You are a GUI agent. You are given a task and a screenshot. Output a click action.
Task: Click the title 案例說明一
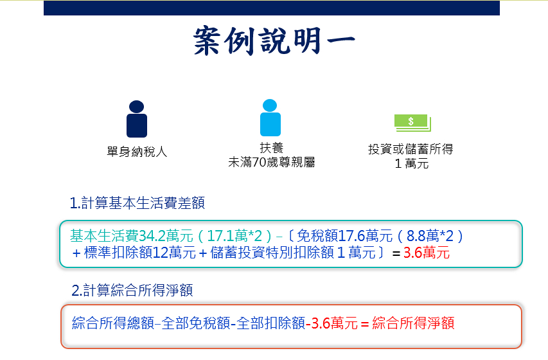(274, 40)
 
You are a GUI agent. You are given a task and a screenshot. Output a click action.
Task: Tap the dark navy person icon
(137, 119)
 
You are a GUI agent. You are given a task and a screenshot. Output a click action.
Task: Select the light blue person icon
(270, 118)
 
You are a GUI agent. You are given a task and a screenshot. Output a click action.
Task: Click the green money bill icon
(412, 123)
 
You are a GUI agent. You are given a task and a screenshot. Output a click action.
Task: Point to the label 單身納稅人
(137, 152)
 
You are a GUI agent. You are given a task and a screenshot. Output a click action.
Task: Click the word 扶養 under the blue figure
(272, 148)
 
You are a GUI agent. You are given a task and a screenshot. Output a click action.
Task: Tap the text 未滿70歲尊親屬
(272, 163)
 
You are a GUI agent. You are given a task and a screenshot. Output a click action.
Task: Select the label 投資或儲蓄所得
(411, 149)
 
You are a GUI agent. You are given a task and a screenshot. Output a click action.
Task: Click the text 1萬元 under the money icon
(412, 164)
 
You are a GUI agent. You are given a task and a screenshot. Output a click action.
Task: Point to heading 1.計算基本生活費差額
(137, 203)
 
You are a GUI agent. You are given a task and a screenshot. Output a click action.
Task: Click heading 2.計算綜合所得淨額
(132, 291)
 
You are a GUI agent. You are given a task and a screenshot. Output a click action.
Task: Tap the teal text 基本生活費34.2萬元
(132, 236)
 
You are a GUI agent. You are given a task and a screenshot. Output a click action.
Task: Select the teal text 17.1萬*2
(234, 236)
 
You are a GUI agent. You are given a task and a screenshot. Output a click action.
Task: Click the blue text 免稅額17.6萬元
(344, 236)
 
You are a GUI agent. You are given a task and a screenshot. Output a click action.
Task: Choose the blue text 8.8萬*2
(430, 236)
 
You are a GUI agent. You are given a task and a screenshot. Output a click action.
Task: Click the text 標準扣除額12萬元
(140, 253)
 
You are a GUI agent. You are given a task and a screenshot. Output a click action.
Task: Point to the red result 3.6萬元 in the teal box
(427, 253)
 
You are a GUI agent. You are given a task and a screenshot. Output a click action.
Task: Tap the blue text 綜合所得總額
(113, 323)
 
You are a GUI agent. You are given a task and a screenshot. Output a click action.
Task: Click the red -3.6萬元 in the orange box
(331, 323)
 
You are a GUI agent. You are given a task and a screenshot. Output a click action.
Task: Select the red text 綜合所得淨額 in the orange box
(413, 323)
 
